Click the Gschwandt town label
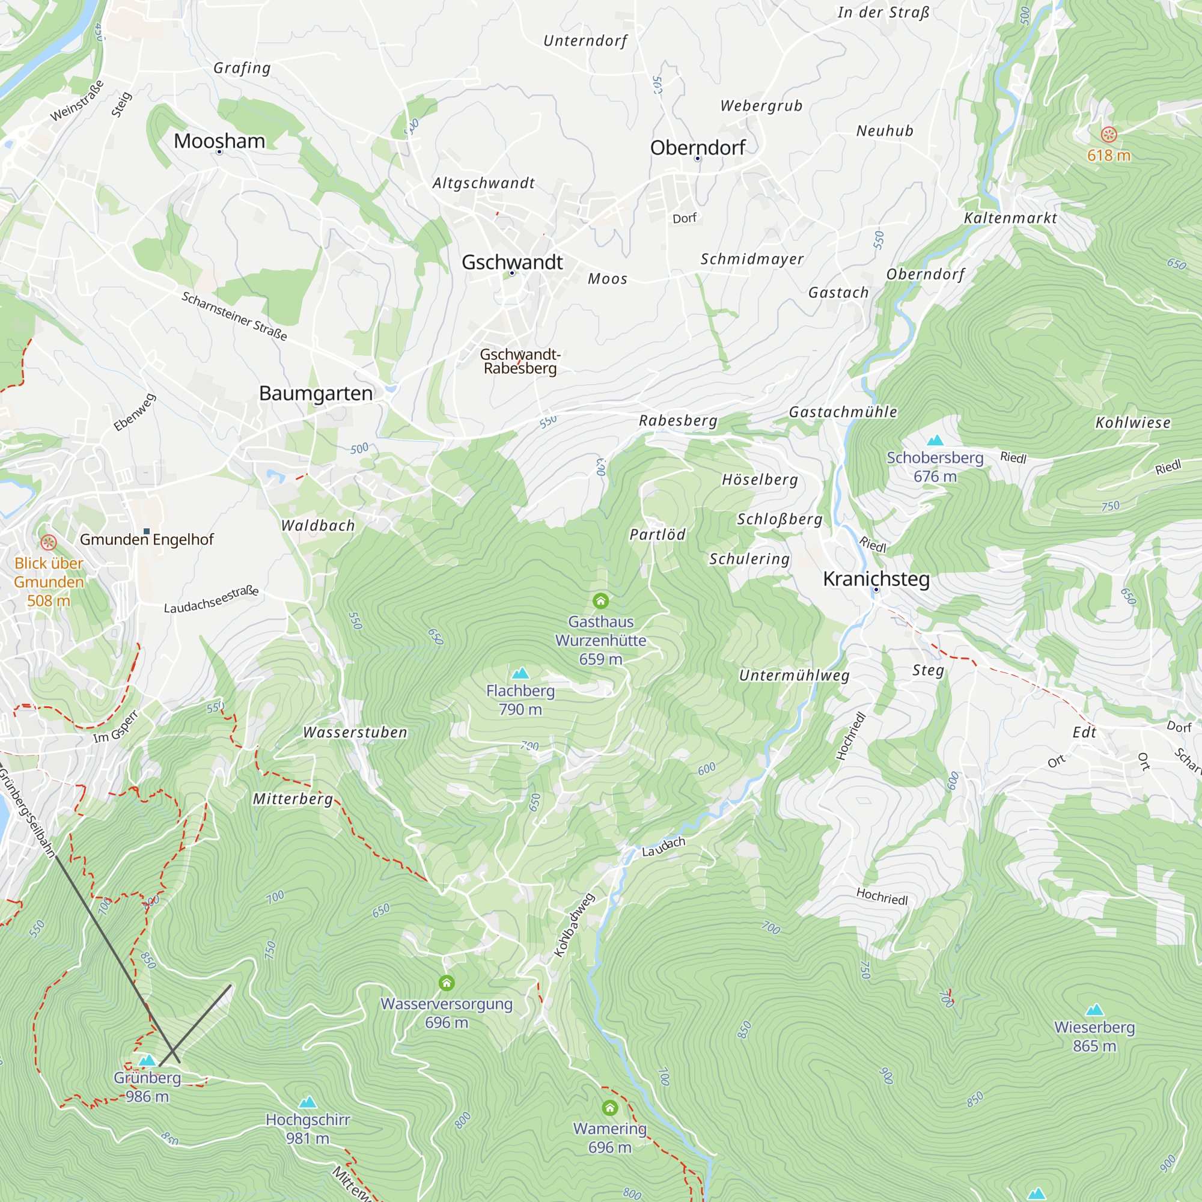(x=511, y=262)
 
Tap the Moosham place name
(x=219, y=141)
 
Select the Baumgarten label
(x=316, y=393)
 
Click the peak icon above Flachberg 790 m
(x=520, y=673)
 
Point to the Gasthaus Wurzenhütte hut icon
(x=600, y=600)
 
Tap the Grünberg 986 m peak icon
(x=147, y=1060)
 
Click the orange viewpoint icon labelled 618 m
(x=1109, y=135)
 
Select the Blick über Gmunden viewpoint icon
(x=49, y=542)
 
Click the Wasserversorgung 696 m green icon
(x=446, y=983)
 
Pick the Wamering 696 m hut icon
(x=609, y=1108)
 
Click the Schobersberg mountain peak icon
(x=935, y=441)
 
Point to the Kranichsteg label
(x=876, y=579)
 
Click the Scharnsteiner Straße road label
(x=234, y=316)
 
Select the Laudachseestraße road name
(x=211, y=599)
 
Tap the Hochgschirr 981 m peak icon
(x=307, y=1102)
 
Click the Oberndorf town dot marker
(x=697, y=159)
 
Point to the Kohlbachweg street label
(x=573, y=925)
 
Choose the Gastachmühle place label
(x=843, y=412)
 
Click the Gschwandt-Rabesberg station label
(x=520, y=361)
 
